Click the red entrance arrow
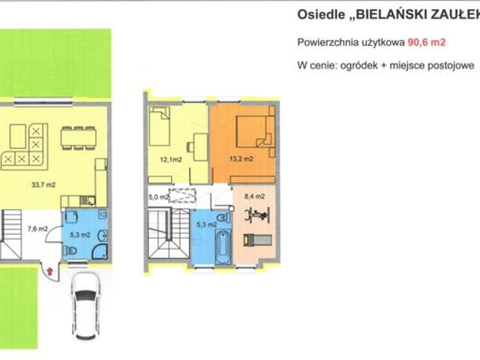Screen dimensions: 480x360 tap(50, 271)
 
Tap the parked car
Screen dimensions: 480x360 tap(85, 306)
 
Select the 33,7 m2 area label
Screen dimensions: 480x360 tap(43, 184)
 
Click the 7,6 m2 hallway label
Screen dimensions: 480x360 tap(37, 229)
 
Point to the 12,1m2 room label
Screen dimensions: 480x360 tap(171, 159)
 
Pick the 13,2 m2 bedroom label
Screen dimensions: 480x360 tap(241, 158)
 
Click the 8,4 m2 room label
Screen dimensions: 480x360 tap(255, 196)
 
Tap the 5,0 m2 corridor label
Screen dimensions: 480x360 tap(159, 197)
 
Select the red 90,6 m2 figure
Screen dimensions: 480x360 tap(426, 42)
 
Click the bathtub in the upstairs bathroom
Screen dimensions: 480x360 tap(223, 247)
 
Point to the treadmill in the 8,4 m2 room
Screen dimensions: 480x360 tap(257, 240)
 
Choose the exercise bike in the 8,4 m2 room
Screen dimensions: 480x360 tap(257, 214)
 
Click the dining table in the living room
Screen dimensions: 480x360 tap(79, 138)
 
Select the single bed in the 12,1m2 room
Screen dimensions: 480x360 tap(160, 126)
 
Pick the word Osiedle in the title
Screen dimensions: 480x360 tap(321, 15)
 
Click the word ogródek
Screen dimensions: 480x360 tap(358, 65)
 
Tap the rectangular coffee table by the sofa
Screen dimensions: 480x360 tap(18, 136)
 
